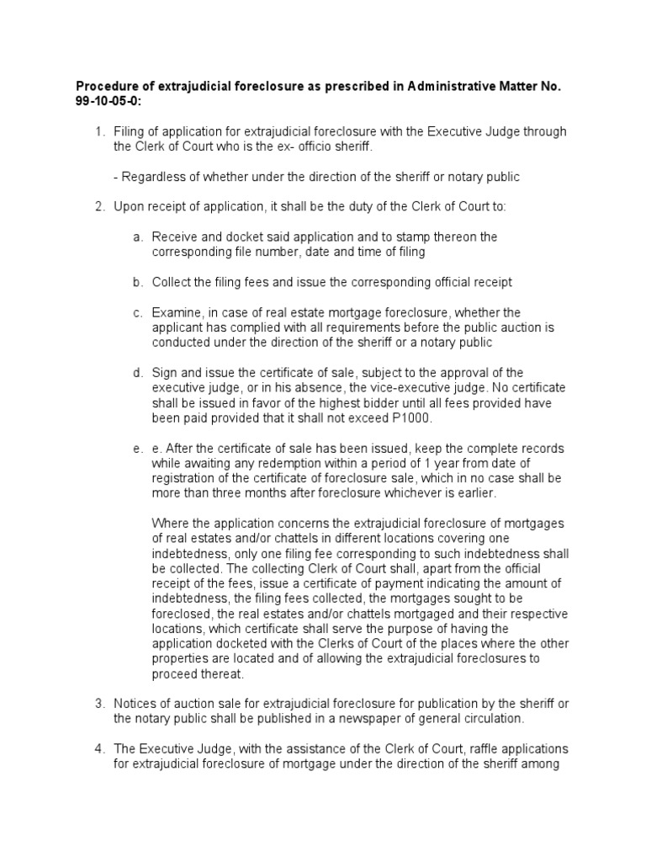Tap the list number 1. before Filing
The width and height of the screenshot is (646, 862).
(98, 131)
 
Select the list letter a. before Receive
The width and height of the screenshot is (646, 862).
(138, 237)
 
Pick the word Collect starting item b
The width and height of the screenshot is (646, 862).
(172, 282)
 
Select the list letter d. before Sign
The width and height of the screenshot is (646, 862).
(138, 374)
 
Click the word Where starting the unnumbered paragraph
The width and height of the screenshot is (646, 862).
(171, 524)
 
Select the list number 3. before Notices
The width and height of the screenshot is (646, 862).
(98, 704)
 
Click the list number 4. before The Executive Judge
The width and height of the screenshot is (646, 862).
(98, 748)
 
